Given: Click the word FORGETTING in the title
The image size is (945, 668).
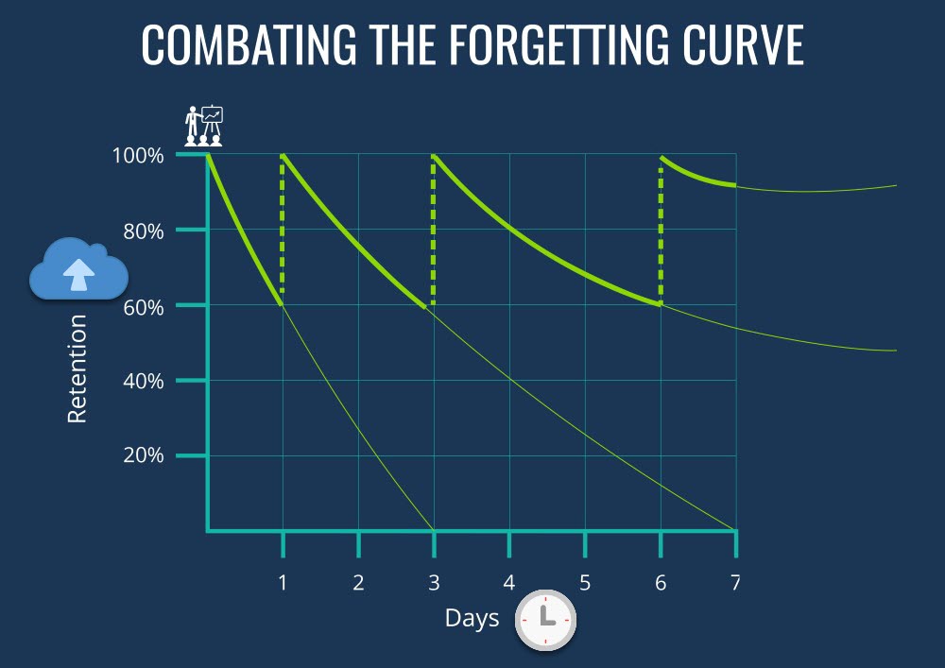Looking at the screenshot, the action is coord(558,44).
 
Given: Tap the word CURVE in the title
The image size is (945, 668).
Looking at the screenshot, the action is coord(743,44).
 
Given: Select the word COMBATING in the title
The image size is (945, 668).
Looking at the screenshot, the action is coord(249,44).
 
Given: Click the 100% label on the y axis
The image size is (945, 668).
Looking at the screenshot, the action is coord(138,155).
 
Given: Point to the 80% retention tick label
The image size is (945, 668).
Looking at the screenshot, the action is coord(144,231).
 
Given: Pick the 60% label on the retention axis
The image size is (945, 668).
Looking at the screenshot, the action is coord(144,307).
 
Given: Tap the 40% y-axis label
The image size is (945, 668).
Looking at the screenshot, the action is coord(144,382).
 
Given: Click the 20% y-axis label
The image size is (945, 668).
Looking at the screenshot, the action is coord(144,455).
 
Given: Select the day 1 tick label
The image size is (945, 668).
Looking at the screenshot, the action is coord(283,582).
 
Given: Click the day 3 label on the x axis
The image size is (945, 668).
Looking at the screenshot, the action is coord(434,582).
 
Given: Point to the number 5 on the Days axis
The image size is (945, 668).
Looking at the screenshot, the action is coord(585,582).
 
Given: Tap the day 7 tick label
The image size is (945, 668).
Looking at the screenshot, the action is coord(736,582).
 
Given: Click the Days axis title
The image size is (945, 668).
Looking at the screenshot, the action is coord(472,619).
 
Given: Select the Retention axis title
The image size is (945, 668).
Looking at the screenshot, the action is coord(77,368).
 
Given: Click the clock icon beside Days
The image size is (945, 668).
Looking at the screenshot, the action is coord(545,620).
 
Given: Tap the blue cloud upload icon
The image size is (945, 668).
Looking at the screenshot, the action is coord(79,268).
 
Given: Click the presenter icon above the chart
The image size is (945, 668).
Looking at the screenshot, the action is coord(204,126).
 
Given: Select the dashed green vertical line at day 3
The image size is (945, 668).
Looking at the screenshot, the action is coord(434,231).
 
